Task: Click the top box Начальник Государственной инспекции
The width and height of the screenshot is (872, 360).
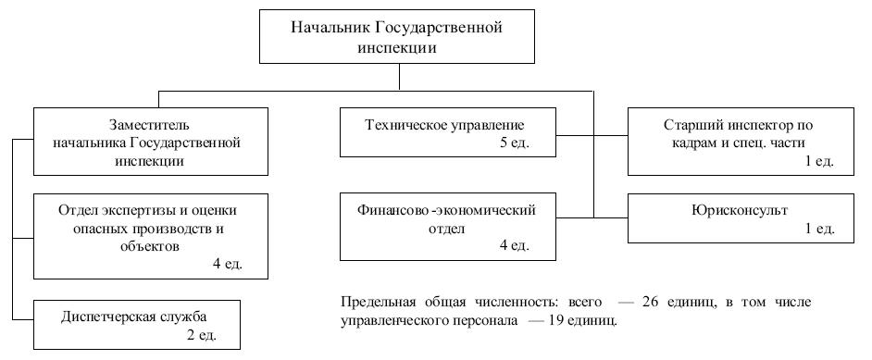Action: coord(397,36)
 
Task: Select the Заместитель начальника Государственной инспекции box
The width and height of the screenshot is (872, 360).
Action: coord(151,142)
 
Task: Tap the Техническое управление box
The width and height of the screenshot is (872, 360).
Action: coord(448,132)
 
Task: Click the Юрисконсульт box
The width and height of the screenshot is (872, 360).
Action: coord(741,218)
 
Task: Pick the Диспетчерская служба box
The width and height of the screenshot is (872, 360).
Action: coord(137,325)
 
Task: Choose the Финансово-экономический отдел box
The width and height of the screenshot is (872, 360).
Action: coord(448,227)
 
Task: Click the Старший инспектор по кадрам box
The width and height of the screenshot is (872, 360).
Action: coord(741,142)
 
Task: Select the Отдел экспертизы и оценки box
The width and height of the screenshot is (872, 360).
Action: coord(151,236)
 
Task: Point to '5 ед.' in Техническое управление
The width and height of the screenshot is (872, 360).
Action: coord(515,143)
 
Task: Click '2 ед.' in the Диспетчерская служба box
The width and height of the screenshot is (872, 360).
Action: coord(202,336)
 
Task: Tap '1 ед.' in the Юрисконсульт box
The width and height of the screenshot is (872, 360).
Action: coord(820,229)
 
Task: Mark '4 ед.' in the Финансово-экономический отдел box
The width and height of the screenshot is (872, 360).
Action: coord(515,245)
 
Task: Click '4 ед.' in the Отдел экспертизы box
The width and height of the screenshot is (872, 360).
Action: coord(228,264)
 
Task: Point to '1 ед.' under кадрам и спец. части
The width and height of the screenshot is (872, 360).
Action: coord(820,161)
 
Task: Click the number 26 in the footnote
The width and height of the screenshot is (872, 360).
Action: coord(651,303)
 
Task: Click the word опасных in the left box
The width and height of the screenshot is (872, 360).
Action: coord(98,229)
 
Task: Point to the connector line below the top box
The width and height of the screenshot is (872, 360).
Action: coord(399,77)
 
